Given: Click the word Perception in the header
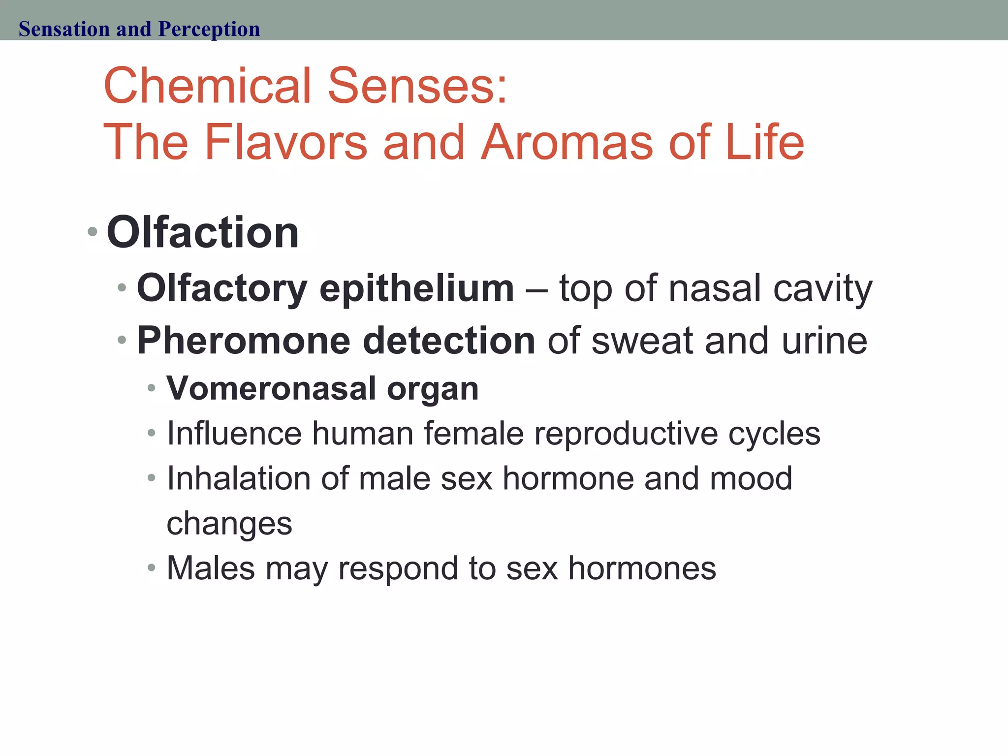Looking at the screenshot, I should pos(209,29).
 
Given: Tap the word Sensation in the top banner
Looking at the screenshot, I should pos(64,29).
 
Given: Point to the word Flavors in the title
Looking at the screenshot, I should pos(285,142).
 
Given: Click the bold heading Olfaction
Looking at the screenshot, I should pos(203,232).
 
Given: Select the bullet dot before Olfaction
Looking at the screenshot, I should pos(93,231).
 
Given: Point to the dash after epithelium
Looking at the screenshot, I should pos(536,289).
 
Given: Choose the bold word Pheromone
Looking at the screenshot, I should pos(244,341).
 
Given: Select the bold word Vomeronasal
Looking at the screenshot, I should pos(271,388).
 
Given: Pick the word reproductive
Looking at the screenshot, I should pos(626,434).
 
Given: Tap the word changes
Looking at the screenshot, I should pos(229,524).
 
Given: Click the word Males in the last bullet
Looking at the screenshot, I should pos(211,568).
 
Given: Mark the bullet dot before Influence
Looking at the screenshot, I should pos(152,434).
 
